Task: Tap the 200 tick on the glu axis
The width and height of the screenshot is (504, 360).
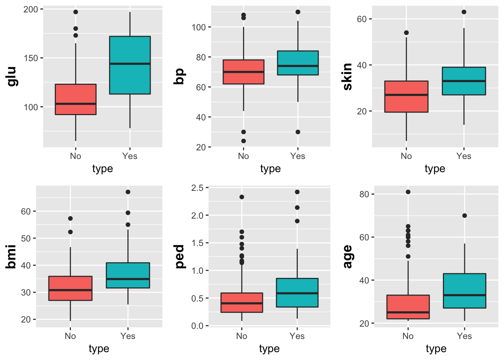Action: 31,9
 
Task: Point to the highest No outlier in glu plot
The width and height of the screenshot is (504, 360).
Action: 76,12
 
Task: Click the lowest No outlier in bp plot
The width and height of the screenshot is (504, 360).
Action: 243,141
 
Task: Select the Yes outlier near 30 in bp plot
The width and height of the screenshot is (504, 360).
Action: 298,132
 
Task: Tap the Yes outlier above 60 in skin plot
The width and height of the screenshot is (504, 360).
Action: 464,12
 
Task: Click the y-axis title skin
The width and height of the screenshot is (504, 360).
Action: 348,76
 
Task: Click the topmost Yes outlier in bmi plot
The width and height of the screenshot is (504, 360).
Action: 128,192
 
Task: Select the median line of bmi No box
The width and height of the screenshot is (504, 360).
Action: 70,290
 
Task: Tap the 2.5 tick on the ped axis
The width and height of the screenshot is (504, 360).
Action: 197,188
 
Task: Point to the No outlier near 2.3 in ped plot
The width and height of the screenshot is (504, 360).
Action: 242,197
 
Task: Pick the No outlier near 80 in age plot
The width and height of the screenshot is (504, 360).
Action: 408,192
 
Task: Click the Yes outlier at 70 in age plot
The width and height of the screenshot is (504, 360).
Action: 465,216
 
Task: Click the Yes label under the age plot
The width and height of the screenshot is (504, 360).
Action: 464,336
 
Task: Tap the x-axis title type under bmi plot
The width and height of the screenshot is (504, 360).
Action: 99,349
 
